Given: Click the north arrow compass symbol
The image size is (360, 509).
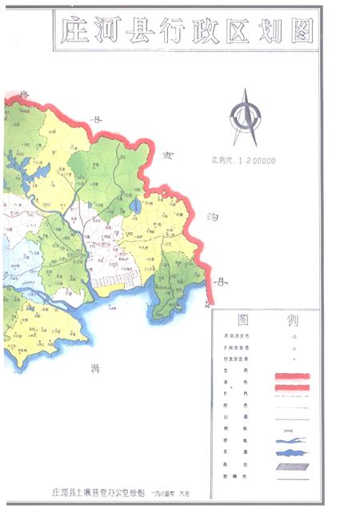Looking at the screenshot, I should point(245,117).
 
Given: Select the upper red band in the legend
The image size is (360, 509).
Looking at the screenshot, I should point(291,376).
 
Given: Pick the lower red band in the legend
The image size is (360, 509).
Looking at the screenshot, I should point(291,387).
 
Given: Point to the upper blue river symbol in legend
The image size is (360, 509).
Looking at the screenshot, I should point(291,441).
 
